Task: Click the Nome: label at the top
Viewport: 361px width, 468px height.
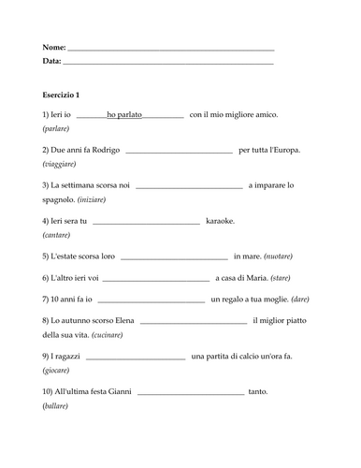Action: (55, 47)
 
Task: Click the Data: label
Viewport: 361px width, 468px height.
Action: (52, 61)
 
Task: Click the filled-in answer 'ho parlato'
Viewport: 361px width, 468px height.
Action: (124, 115)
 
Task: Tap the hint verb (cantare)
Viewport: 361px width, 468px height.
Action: (61, 235)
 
